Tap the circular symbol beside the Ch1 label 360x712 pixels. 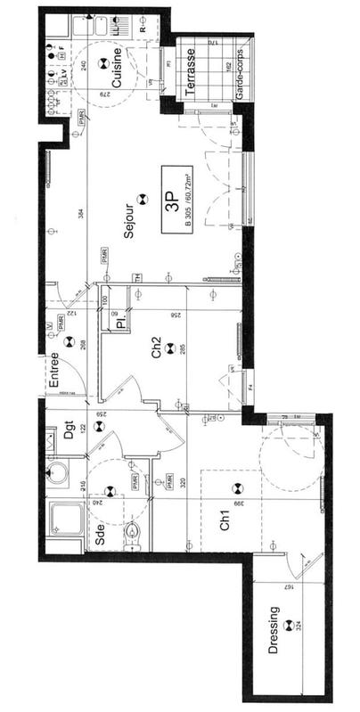[237, 488]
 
